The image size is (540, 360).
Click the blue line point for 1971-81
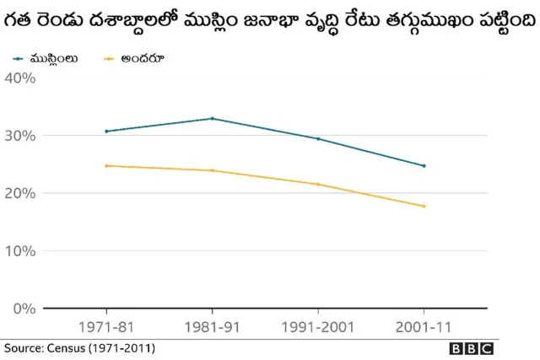106,132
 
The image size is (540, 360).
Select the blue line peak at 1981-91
212,119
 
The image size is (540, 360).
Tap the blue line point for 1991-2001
318,139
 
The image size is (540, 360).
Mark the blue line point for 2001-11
424,166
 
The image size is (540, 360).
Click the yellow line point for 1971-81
106,166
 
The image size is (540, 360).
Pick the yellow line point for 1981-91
212,170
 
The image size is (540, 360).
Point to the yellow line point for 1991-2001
318,185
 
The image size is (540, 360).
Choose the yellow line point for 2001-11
424,207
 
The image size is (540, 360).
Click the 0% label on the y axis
23,309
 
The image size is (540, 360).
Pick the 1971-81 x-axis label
106,325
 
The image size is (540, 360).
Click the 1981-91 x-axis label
212,325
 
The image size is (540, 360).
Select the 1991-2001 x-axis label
318,325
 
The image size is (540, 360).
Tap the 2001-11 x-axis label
424,325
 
